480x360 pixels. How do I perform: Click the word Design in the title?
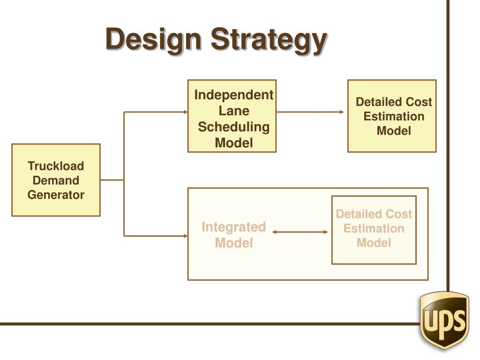pyautogui.click(x=154, y=39)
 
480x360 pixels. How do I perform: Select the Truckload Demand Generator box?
pyautogui.click(x=56, y=180)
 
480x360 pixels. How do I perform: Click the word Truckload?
pyautogui.click(x=56, y=166)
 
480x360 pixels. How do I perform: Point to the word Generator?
pyautogui.click(x=56, y=195)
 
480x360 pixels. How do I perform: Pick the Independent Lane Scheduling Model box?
pyautogui.click(x=232, y=116)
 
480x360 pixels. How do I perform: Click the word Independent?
pyautogui.click(x=234, y=95)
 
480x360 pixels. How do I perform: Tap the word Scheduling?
pyautogui.click(x=234, y=127)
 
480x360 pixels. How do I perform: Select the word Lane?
pyautogui.click(x=234, y=111)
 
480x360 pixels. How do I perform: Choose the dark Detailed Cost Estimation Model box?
pyautogui.click(x=392, y=116)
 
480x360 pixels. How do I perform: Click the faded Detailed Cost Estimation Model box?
pyautogui.click(x=374, y=230)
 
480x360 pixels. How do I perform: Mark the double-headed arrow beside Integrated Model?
pyautogui.click(x=300, y=232)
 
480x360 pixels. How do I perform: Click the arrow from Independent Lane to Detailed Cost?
pyautogui.click(x=310, y=112)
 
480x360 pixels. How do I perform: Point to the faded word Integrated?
pyautogui.click(x=233, y=227)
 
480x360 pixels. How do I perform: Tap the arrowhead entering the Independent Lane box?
pyautogui.click(x=185, y=112)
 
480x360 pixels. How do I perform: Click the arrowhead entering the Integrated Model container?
pyautogui.click(x=185, y=236)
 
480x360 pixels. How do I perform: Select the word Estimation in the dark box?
pyautogui.click(x=394, y=117)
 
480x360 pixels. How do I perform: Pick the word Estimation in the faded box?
pyautogui.click(x=374, y=229)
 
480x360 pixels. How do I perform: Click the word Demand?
pyautogui.click(x=56, y=180)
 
